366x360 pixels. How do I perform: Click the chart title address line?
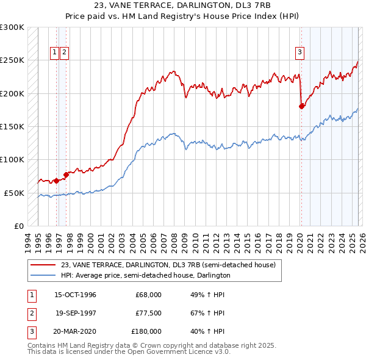click(x=183, y=5)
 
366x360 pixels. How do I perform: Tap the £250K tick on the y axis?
click(x=12, y=60)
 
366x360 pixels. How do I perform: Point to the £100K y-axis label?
click(x=12, y=159)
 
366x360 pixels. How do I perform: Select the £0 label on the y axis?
click(x=19, y=226)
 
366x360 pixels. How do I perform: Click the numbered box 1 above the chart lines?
click(x=55, y=53)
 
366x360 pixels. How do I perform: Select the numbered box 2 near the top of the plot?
click(x=64, y=53)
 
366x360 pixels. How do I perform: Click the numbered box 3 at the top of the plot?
click(x=300, y=53)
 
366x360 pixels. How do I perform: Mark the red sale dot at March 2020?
click(x=301, y=106)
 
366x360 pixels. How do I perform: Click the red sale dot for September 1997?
click(x=66, y=175)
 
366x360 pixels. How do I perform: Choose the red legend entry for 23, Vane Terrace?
click(x=168, y=265)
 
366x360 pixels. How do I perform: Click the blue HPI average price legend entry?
click(x=145, y=275)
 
